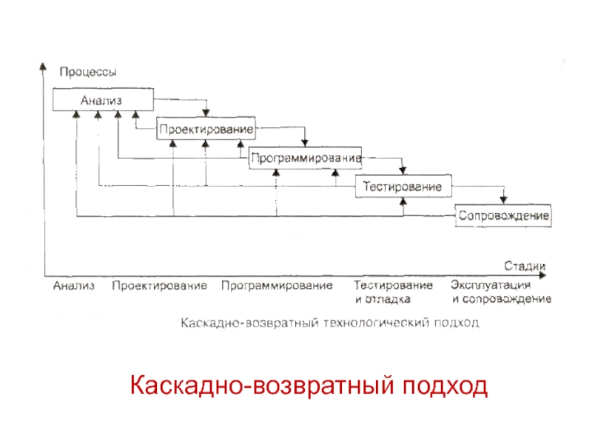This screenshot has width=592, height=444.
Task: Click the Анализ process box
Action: (103, 100)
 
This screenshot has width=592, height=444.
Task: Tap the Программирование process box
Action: (305, 158)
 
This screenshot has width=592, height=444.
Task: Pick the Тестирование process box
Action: (403, 186)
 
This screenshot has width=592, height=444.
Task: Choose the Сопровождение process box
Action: (503, 216)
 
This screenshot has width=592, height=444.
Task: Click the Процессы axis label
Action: (87, 72)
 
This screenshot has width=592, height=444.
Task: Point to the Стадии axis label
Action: (525, 265)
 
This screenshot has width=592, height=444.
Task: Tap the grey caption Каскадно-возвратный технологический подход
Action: (326, 323)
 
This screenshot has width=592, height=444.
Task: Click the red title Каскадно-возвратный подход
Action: (309, 386)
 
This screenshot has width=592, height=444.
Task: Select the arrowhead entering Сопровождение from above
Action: (503, 200)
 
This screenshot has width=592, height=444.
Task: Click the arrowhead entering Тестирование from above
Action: (403, 172)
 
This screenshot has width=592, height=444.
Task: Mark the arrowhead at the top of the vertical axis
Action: (43, 66)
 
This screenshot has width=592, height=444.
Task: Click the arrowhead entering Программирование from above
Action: (305, 144)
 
